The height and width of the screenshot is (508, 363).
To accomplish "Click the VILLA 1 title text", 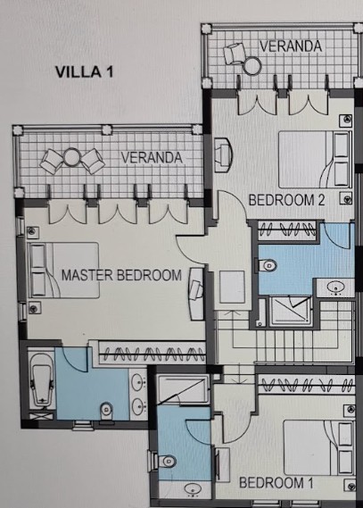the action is pyautogui.click(x=84, y=72).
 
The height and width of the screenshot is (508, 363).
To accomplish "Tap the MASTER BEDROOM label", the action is pyautogui.click(x=121, y=275).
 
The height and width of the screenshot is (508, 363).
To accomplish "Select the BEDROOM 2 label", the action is pyautogui.click(x=286, y=200).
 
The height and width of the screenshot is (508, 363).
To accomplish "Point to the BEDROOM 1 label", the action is pyautogui.click(x=276, y=483).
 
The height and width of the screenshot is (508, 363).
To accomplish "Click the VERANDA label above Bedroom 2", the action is pyautogui.click(x=291, y=46).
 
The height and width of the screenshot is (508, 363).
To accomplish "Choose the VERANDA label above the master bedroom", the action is pyautogui.click(x=152, y=157).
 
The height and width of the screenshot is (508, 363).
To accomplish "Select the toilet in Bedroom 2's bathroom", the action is pyautogui.click(x=268, y=265).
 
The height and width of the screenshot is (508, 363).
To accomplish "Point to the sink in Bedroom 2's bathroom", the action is pyautogui.click(x=335, y=287).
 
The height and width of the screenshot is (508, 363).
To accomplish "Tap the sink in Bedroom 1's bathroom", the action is pyautogui.click(x=194, y=488).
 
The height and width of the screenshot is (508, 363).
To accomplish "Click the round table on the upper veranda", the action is pyautogui.click(x=252, y=66).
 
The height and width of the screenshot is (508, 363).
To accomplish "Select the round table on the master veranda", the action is pyautogui.click(x=72, y=157).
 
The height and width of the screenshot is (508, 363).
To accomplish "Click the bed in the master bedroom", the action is pyautogui.click(x=63, y=270).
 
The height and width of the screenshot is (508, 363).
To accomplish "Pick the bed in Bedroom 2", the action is pyautogui.click(x=315, y=160).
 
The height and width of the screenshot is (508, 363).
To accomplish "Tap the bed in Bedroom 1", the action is pyautogui.click(x=318, y=448).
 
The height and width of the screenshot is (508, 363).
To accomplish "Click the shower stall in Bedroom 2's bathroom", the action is pyautogui.click(x=290, y=311).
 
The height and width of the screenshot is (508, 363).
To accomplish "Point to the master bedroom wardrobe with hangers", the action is pyautogui.click(x=152, y=354).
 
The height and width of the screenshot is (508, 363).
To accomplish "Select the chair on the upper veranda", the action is pyautogui.click(x=234, y=54).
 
